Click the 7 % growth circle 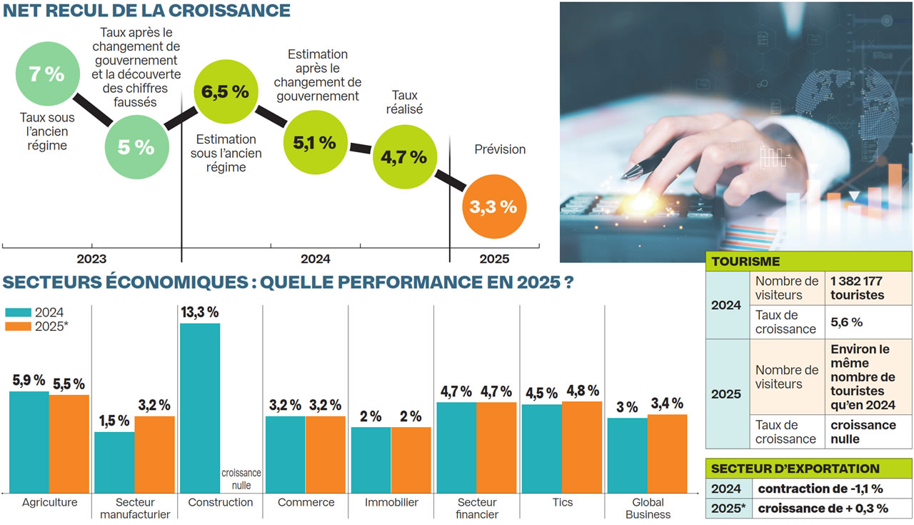[x=46, y=74]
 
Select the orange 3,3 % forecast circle [x=493, y=207]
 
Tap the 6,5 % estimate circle [x=225, y=91]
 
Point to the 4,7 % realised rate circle [x=404, y=157]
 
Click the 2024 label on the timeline [x=315, y=259]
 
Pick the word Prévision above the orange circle [x=500, y=149]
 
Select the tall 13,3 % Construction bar [x=199, y=407]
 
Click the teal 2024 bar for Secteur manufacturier [x=114, y=461]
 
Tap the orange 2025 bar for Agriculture [x=69, y=443]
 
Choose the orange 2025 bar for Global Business [x=667, y=453]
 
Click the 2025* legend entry [x=37, y=326]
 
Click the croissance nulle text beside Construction [x=241, y=479]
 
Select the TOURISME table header [x=745, y=261]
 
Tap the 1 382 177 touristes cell [x=867, y=288]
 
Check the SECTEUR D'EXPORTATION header [x=795, y=469]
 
